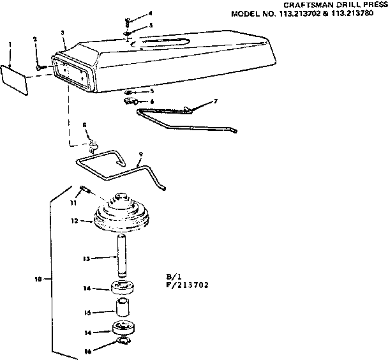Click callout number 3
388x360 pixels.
62,32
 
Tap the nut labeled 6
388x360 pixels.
130,101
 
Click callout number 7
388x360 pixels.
216,101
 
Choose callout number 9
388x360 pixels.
140,153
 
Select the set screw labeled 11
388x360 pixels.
84,189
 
